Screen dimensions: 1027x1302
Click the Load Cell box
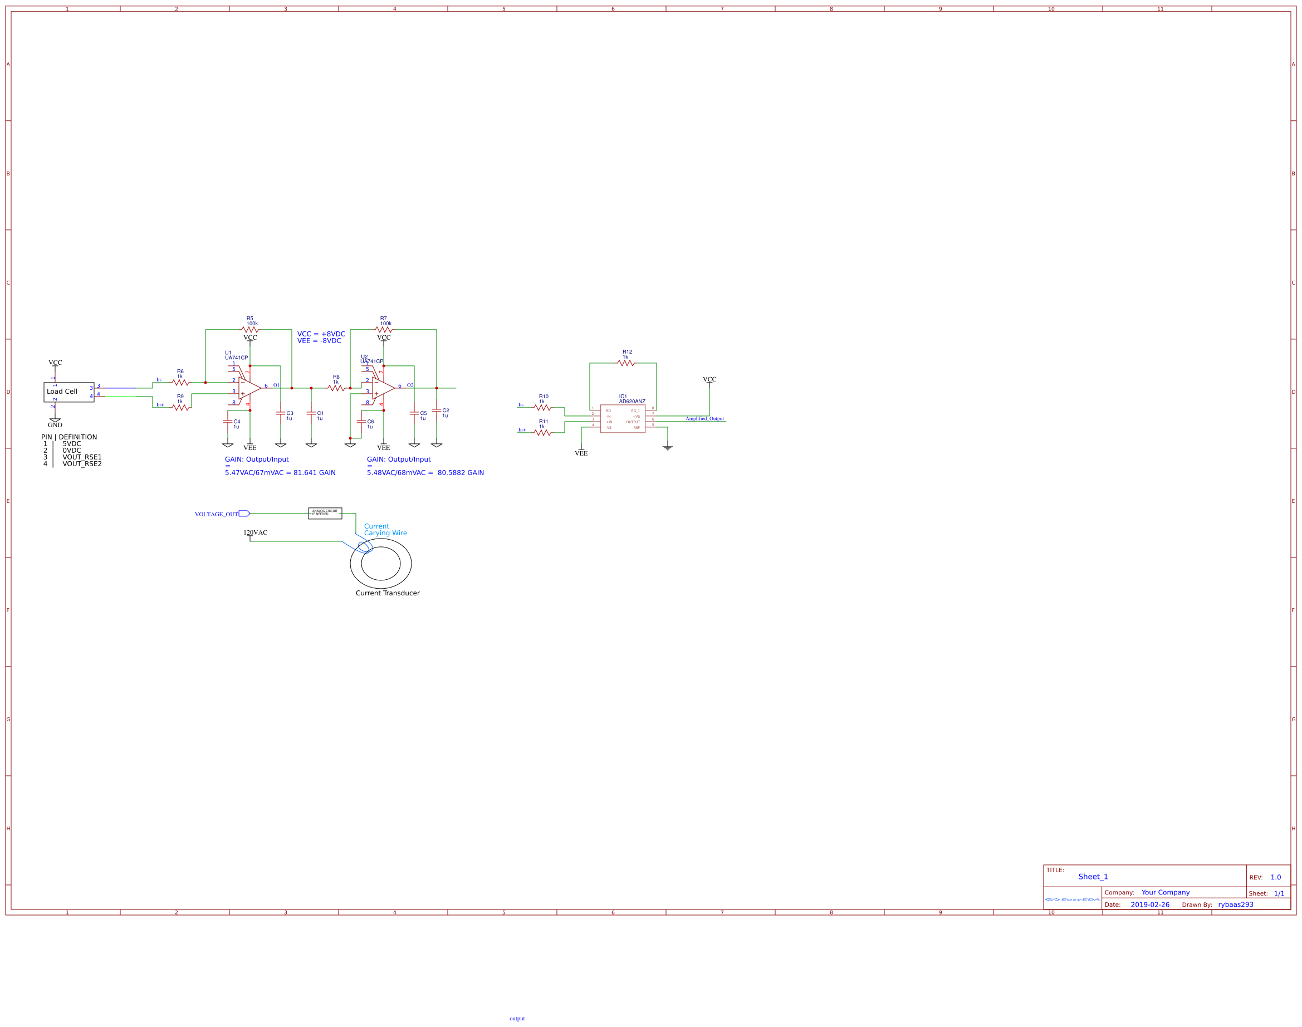click(68, 392)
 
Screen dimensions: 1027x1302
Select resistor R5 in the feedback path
click(250, 330)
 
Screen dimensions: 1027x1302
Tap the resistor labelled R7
click(384, 330)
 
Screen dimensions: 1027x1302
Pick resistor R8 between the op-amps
click(336, 388)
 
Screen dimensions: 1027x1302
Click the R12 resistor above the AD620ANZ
click(625, 363)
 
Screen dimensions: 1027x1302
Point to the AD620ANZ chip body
click(622, 418)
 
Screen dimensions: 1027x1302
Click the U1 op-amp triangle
click(249, 388)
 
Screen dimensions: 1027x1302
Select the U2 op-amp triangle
click(383, 388)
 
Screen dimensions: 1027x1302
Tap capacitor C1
click(311, 413)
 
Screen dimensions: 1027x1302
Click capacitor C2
click(437, 410)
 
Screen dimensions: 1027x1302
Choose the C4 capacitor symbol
click(228, 422)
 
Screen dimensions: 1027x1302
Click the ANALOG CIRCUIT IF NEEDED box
click(325, 513)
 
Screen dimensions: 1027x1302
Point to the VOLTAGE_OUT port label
click(217, 514)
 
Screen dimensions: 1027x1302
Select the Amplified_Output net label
click(704, 418)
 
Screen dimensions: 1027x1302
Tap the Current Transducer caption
click(388, 594)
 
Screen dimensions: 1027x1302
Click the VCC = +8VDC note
click(321, 334)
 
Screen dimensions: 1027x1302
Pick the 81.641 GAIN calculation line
click(280, 473)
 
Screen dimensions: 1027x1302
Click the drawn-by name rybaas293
click(1236, 904)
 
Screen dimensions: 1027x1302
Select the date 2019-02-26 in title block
click(1150, 904)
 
